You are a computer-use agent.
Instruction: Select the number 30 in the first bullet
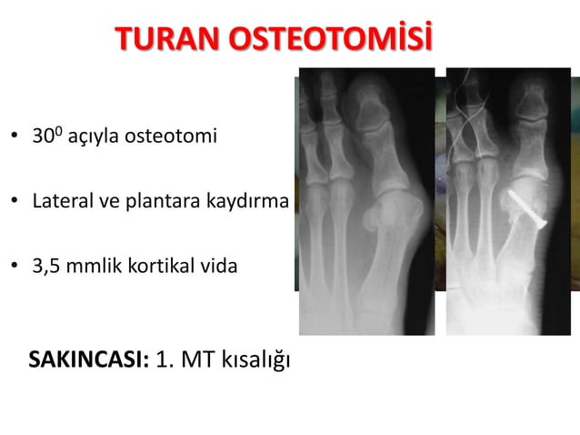pos(40,138)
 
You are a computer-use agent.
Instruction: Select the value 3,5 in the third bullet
pos(43,267)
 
